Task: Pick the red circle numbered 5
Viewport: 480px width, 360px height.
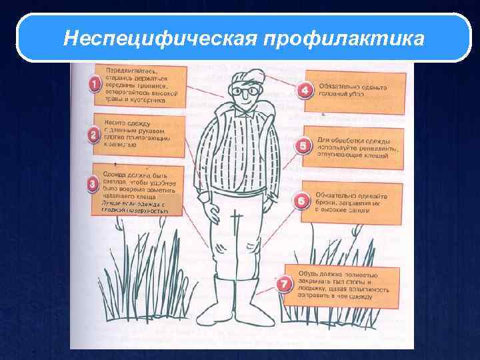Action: pos(304,144)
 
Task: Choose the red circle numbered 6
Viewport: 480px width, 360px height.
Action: pos(302,199)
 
